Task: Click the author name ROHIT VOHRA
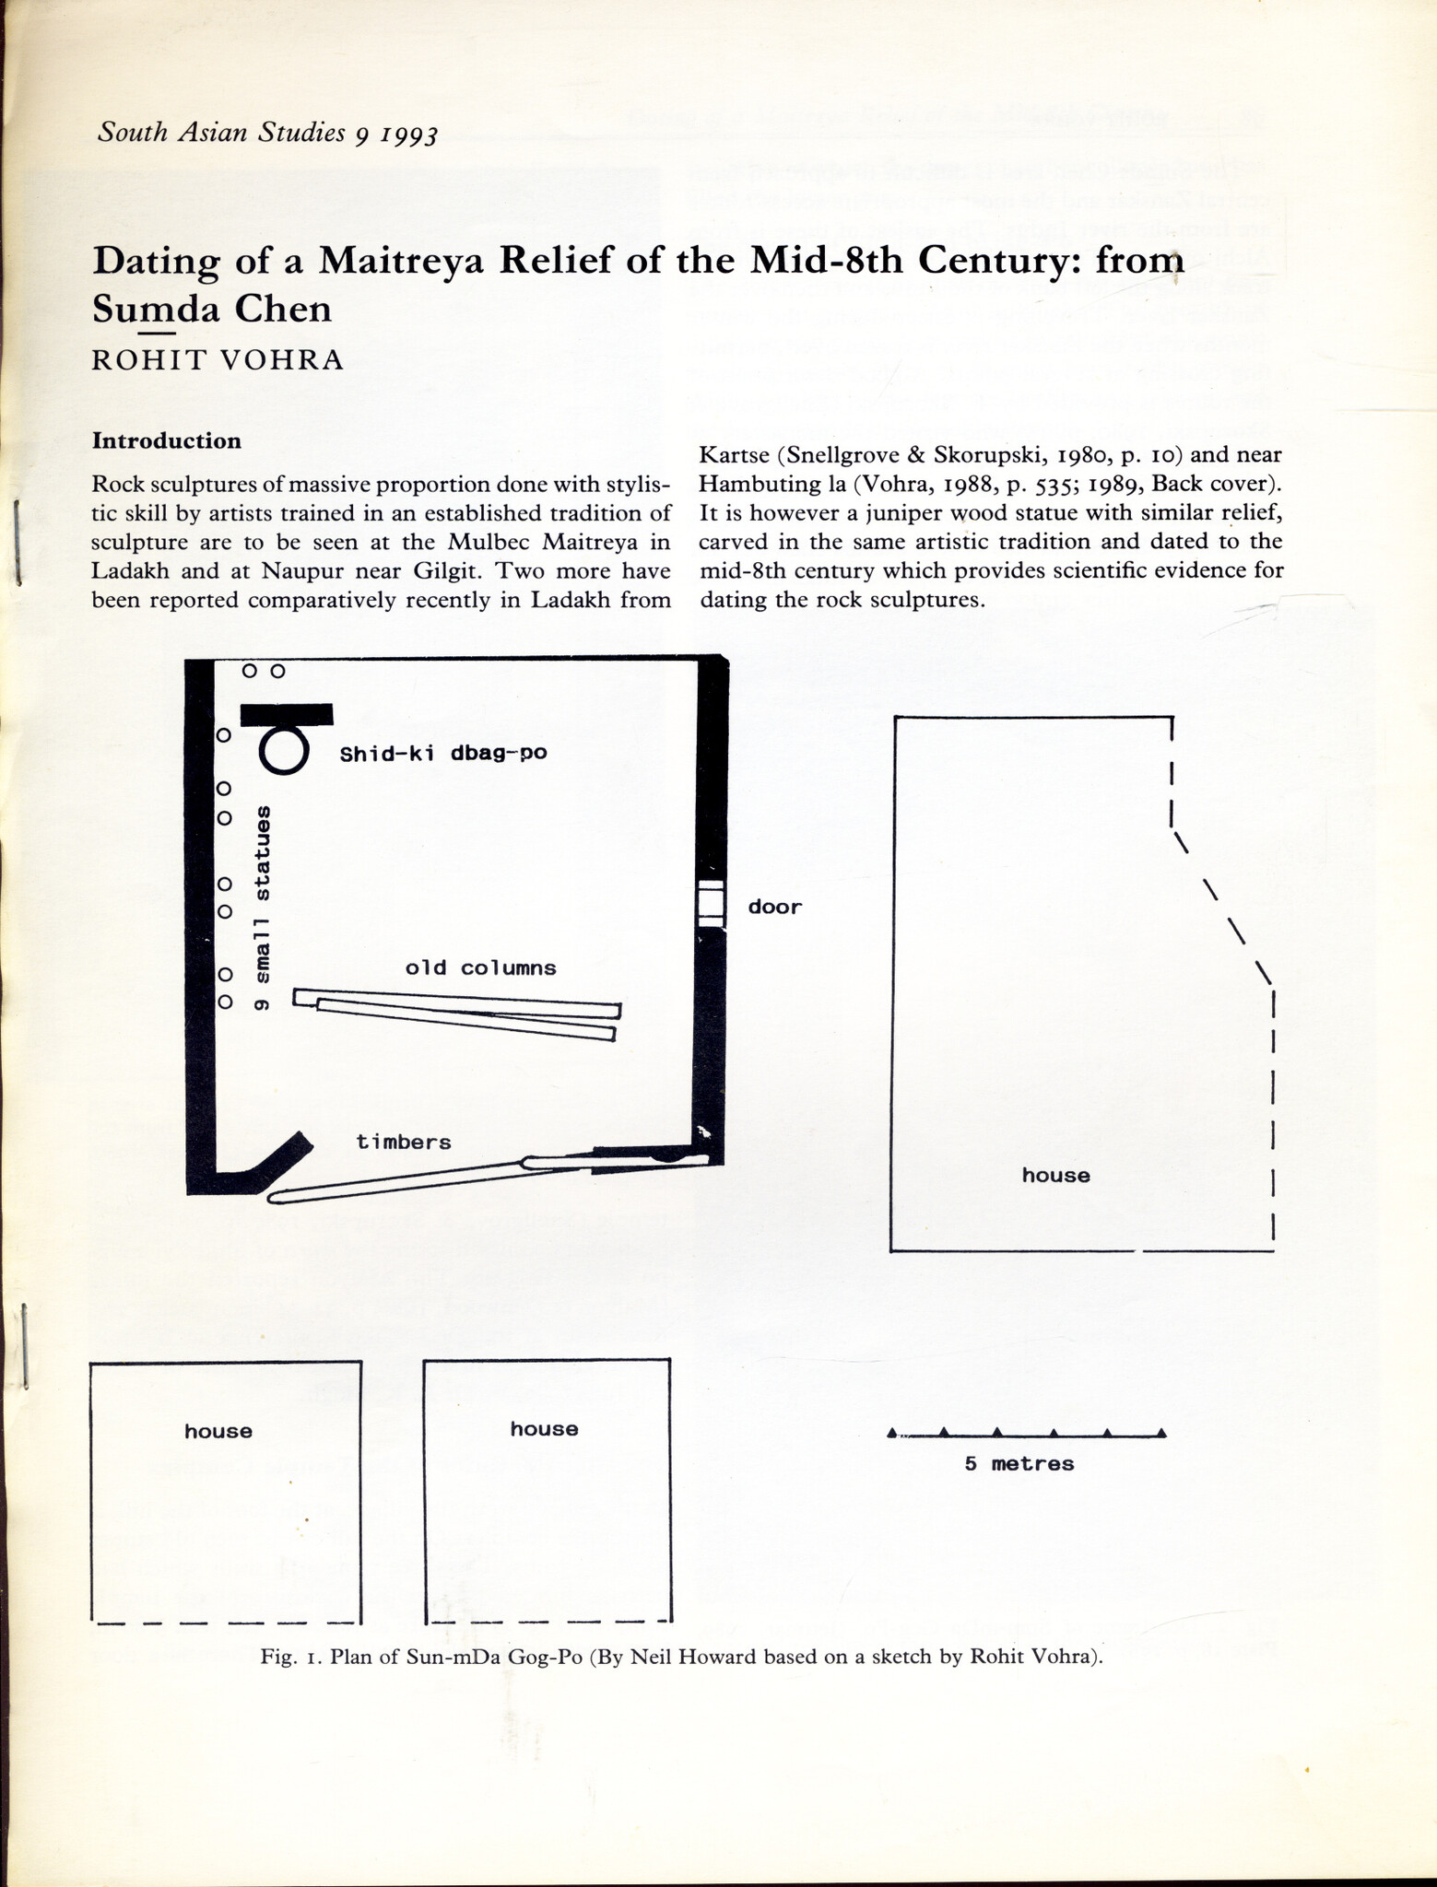[x=218, y=359]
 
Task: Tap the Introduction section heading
[x=166, y=440]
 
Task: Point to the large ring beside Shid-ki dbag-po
[x=282, y=750]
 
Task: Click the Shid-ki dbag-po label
[x=443, y=754]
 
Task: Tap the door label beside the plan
[x=774, y=907]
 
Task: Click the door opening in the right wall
[x=710, y=903]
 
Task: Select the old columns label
[x=480, y=967]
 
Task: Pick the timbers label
[x=404, y=1142]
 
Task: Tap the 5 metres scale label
[x=1019, y=1463]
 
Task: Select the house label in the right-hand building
[x=1055, y=1175]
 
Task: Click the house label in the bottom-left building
[x=218, y=1431]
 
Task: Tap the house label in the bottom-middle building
[x=544, y=1428]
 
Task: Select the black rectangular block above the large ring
[x=287, y=713]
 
